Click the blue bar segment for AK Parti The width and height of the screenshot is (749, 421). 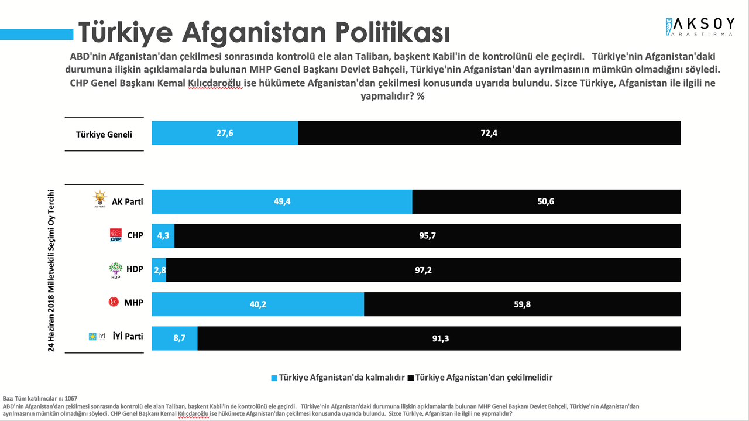282,202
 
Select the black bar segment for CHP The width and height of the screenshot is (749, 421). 427,236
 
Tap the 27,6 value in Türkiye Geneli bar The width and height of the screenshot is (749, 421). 225,134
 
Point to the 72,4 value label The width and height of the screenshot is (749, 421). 489,134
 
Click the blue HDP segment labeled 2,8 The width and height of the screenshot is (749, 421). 159,270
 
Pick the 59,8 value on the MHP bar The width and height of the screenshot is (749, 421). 522,304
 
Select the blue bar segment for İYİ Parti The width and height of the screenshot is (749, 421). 174,338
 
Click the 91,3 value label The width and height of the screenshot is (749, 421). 439,338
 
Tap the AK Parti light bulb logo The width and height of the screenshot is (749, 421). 100,199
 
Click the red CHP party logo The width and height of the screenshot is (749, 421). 115,235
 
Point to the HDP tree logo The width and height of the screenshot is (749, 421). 115,270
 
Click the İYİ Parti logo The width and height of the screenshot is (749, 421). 97,336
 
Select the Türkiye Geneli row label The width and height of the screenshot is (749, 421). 104,134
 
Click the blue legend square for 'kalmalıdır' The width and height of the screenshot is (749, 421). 274,378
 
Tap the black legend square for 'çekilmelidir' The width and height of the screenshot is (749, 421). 410,378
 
